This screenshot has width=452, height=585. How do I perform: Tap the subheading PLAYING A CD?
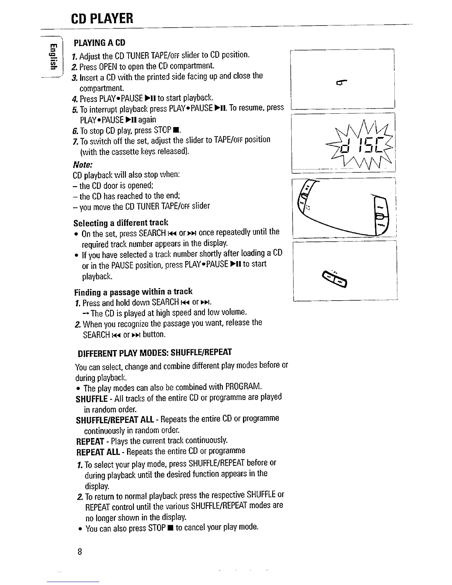pos(99,42)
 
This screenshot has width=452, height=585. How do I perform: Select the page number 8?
pos(79,552)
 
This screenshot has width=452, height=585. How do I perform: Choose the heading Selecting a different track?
pos(120,222)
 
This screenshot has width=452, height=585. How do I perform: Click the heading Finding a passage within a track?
pos(133,292)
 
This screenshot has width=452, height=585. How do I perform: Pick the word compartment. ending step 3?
pos(102,88)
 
